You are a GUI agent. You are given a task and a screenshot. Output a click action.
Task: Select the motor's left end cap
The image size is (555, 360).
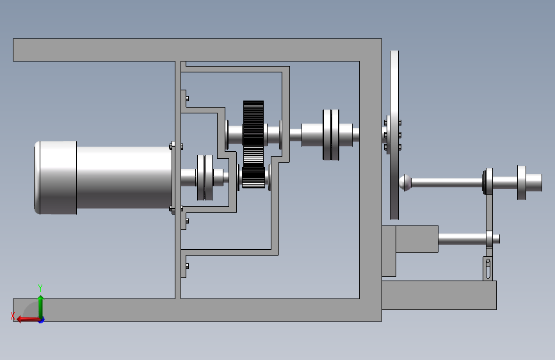[55, 177]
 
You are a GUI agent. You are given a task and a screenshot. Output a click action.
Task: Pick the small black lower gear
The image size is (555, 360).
[253, 177]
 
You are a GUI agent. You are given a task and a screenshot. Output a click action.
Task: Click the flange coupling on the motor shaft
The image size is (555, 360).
[205, 177]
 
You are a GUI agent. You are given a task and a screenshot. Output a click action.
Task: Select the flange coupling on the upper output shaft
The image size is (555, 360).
[331, 135]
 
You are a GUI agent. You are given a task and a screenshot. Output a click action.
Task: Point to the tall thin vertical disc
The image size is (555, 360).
[394, 135]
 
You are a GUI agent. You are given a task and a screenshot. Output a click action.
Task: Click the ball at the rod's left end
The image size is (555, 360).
[405, 183]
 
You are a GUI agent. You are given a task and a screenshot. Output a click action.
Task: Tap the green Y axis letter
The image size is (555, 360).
[40, 288]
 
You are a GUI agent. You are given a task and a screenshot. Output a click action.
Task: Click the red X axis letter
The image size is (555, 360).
[13, 315]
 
